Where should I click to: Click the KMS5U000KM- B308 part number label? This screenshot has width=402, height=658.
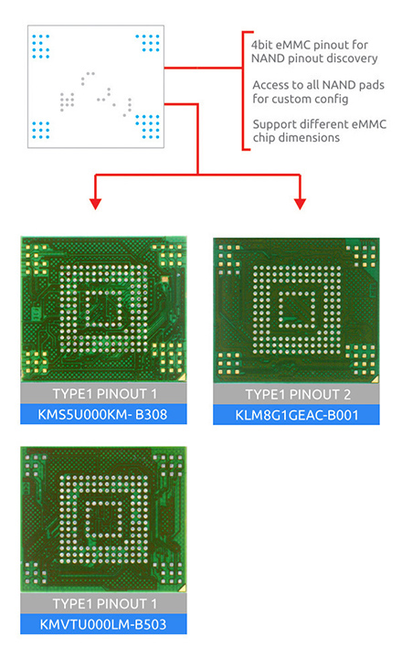coord(103,415)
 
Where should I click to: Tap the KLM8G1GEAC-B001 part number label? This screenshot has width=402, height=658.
coord(297,416)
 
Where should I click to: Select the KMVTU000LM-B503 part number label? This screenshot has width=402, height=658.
coord(103,624)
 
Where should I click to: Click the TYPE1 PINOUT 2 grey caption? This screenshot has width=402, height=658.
coord(298,395)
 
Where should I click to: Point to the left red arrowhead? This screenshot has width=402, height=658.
coord(96,204)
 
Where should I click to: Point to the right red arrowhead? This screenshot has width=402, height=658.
coord(300,204)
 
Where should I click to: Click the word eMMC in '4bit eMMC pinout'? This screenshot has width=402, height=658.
coord(293,45)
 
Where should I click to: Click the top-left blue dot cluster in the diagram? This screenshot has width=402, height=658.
coord(41,47)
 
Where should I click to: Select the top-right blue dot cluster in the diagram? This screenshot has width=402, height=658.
coord(148,43)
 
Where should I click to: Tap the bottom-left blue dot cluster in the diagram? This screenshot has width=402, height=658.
coord(41,130)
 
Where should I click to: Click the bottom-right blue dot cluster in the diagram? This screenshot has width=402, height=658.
coord(148,127)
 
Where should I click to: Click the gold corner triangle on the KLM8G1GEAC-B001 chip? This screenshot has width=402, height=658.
coord(375,379)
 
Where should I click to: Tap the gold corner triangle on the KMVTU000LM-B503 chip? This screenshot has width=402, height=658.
coord(182,588)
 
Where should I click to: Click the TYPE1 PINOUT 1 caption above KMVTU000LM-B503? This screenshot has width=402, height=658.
coord(104,604)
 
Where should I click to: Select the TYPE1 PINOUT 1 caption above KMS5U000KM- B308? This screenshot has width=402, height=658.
coord(104,394)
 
